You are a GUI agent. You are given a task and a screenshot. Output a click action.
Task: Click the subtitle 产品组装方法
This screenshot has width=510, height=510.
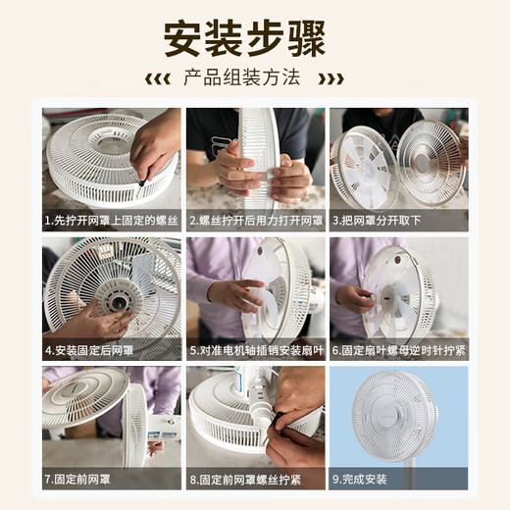tap(254, 77)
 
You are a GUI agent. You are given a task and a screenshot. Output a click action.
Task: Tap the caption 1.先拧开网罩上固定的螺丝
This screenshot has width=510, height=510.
tap(111, 222)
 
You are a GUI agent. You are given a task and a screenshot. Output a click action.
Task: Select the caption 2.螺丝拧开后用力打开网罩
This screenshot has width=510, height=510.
tap(255, 222)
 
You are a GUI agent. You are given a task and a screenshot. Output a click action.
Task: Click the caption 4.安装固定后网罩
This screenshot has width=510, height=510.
tap(90, 350)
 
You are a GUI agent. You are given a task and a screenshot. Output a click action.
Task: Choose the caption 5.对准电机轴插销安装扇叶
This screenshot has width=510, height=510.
tap(255, 350)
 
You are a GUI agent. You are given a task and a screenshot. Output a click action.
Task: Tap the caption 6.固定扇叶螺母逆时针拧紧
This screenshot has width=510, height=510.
tap(398, 350)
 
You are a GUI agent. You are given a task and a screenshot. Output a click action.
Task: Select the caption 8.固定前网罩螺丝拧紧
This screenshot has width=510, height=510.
tap(246, 480)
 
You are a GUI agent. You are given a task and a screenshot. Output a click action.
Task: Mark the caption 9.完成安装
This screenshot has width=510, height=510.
tap(361, 480)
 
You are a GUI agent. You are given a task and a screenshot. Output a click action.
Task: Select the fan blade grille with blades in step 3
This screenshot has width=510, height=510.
tap(364, 167)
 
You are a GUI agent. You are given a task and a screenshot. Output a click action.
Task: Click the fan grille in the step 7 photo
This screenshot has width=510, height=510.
tap(83, 397)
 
